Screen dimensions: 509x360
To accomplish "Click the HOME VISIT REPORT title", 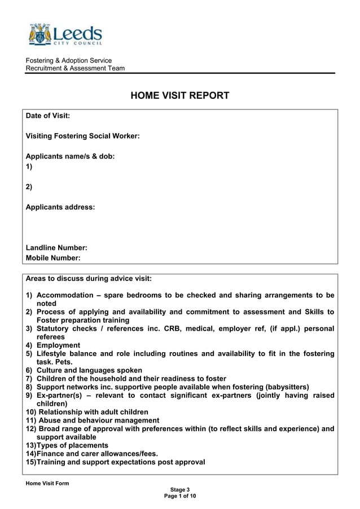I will click(x=180, y=95).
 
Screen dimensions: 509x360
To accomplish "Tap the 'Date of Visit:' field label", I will click(x=48, y=116).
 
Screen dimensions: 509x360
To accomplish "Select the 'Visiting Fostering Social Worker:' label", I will click(x=82, y=136).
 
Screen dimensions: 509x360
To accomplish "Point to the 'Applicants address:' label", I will click(x=60, y=207).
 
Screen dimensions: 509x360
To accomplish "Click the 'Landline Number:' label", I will click(x=56, y=248).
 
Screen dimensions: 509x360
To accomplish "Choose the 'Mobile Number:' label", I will click(x=53, y=258).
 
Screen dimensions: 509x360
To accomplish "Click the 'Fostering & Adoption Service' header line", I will click(x=69, y=60).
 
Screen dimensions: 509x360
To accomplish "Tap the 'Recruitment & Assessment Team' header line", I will click(x=75, y=68).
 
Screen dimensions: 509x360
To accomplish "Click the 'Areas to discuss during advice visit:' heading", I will click(x=89, y=278).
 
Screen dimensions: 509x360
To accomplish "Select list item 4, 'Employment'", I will click(x=58, y=345).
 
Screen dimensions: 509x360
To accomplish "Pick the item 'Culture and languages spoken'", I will click(x=89, y=370).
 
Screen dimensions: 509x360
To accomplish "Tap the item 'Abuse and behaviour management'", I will click(x=98, y=420).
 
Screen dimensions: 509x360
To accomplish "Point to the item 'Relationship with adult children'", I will click(x=93, y=412).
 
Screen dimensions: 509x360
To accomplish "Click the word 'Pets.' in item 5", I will click(x=63, y=362).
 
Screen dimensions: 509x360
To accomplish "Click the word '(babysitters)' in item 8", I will click(x=286, y=387).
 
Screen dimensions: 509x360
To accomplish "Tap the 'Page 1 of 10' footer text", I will click(x=180, y=496).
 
